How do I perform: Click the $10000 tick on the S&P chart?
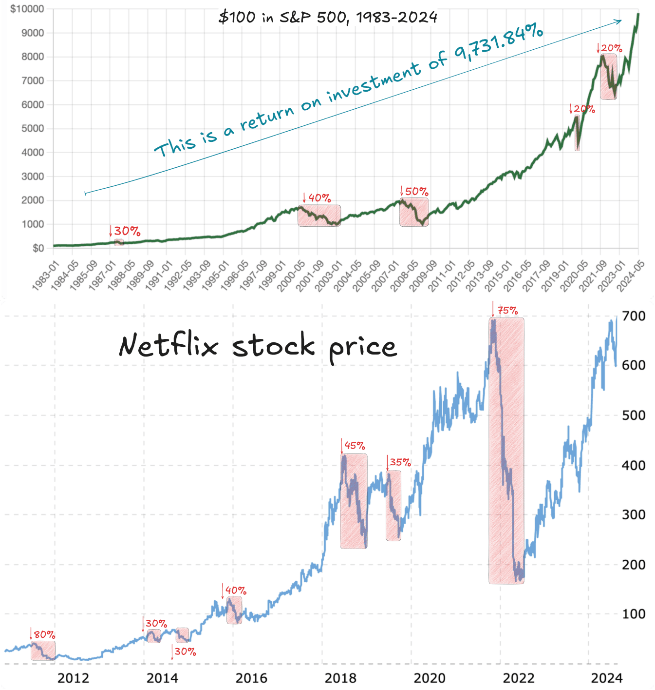click(27, 9)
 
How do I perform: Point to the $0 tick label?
click(38, 249)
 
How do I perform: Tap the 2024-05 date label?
click(631, 276)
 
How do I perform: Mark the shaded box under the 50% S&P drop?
click(414, 212)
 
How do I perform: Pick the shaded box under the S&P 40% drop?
click(319, 216)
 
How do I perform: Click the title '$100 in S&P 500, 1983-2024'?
click(328, 18)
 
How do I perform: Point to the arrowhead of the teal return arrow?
click(620, 20)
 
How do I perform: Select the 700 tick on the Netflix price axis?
click(634, 316)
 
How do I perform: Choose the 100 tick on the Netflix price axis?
click(634, 614)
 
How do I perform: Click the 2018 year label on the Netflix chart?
click(340, 678)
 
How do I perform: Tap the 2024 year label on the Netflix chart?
click(607, 678)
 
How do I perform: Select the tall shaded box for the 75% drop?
click(506, 451)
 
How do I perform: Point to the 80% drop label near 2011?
click(44, 634)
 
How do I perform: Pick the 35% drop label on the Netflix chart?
click(400, 462)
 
